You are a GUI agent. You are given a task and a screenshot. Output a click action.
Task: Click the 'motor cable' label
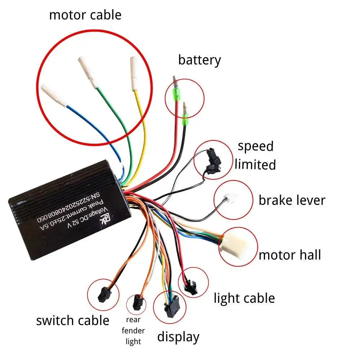85,15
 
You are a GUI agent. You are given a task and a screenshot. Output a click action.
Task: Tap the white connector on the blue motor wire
54,95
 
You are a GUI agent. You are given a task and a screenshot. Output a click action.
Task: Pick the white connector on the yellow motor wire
134,73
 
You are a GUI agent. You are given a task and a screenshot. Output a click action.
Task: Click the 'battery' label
199,60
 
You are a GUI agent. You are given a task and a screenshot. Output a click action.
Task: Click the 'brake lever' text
292,200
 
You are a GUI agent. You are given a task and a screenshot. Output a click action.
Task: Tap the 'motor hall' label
290,255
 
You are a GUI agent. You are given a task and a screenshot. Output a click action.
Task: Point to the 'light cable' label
244,298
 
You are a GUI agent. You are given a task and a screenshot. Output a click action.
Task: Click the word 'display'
178,337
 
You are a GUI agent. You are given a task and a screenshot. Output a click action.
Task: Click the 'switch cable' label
73,320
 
